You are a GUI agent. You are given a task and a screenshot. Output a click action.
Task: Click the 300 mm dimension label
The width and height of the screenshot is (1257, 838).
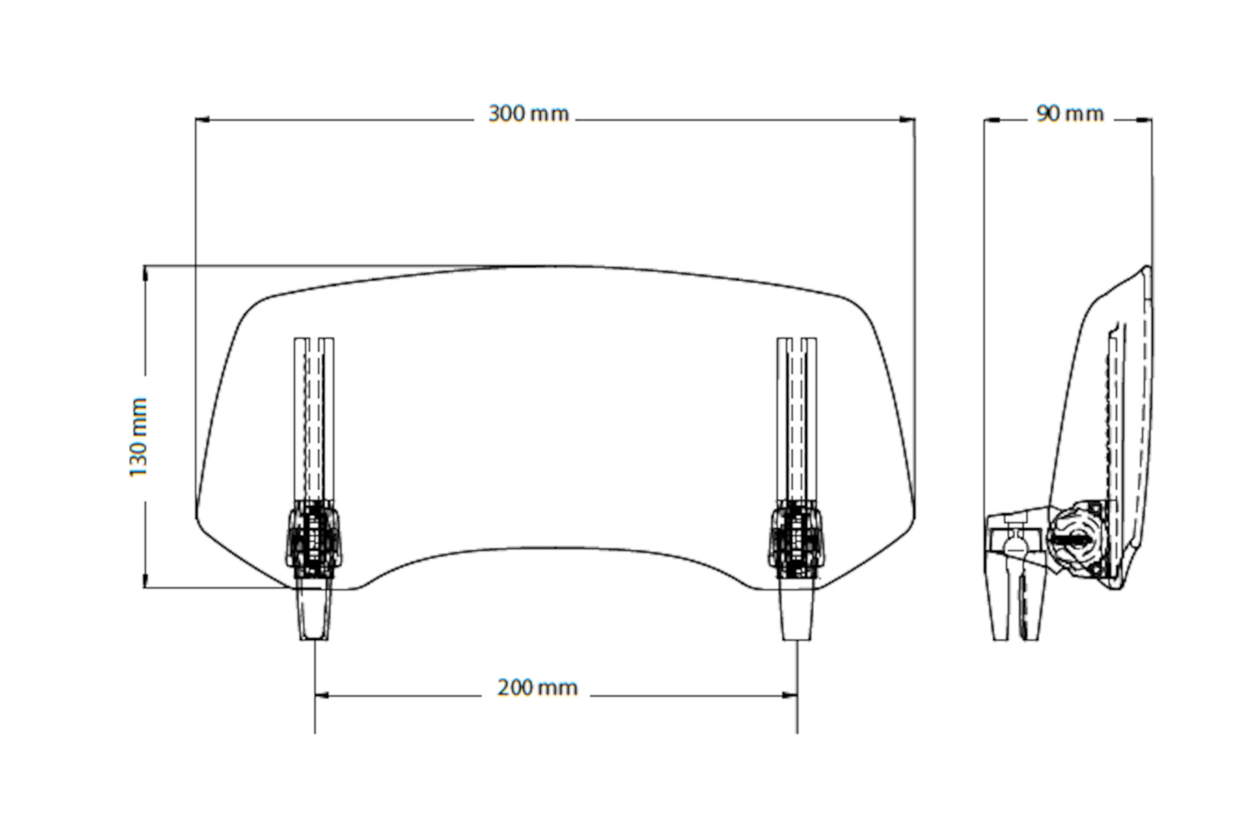(x=528, y=115)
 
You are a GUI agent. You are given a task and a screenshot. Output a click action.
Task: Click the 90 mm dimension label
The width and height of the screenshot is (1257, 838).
(x=1070, y=115)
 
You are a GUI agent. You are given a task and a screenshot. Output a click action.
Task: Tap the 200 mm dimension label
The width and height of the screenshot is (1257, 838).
(x=537, y=688)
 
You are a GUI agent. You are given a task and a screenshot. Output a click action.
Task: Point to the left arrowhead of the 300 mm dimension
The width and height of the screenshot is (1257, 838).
(x=202, y=120)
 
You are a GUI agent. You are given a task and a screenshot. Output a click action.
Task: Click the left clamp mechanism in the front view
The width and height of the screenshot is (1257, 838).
(x=313, y=539)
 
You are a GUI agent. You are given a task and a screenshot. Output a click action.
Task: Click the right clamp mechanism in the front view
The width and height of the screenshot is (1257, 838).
(x=796, y=539)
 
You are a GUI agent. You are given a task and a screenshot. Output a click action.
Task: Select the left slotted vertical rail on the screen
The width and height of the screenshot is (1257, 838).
(x=314, y=417)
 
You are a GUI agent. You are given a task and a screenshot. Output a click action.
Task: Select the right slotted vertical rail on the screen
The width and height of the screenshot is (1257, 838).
(x=797, y=417)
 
